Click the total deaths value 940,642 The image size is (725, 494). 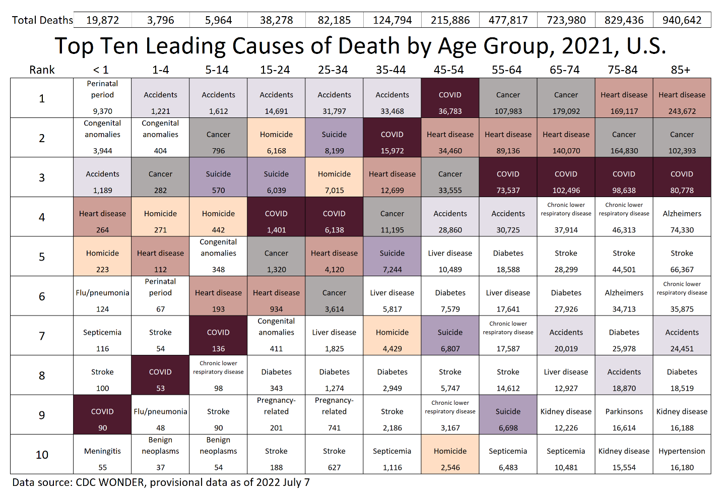tap(682, 20)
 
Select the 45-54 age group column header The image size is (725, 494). tap(449, 70)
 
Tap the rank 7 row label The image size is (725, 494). tap(42, 336)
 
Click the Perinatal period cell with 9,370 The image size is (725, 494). tap(102, 98)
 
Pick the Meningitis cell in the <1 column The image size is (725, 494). tap(102, 455)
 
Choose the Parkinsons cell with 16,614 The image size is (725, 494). tap(624, 415)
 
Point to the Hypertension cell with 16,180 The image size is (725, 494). tap(682, 455)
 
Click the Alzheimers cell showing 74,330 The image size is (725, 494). tap(682, 217)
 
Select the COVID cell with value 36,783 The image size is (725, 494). tap(450, 98)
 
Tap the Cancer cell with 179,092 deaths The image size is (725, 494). tap(566, 98)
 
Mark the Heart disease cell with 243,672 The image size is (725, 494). tap(682, 98)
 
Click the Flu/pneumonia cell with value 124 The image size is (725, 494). tap(102, 296)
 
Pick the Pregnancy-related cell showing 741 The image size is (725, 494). tap(334, 415)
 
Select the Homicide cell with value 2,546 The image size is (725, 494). tap(450, 455)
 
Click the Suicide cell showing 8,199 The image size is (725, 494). tap(334, 138)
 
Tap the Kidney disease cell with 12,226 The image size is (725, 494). tap(566, 415)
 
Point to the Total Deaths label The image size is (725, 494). tap(42, 20)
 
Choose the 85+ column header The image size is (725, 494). tap(681, 70)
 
